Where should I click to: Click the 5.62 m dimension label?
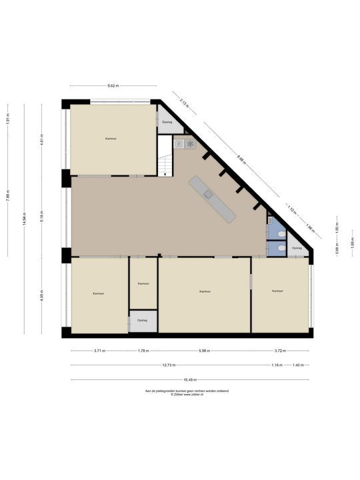point(113,86)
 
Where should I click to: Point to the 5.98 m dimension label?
point(205,351)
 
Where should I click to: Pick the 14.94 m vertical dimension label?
point(24,221)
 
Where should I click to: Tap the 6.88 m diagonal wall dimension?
point(241,158)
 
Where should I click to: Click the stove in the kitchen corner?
point(190,143)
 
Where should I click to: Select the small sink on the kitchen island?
point(208,194)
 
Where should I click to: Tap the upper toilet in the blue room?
point(281,234)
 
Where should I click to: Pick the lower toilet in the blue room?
point(281,249)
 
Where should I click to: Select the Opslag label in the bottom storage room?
point(142,321)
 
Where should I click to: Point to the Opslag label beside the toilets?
point(297,248)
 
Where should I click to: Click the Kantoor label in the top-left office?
point(111,139)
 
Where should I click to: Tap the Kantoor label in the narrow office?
point(143,284)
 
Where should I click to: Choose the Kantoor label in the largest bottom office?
point(205,291)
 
